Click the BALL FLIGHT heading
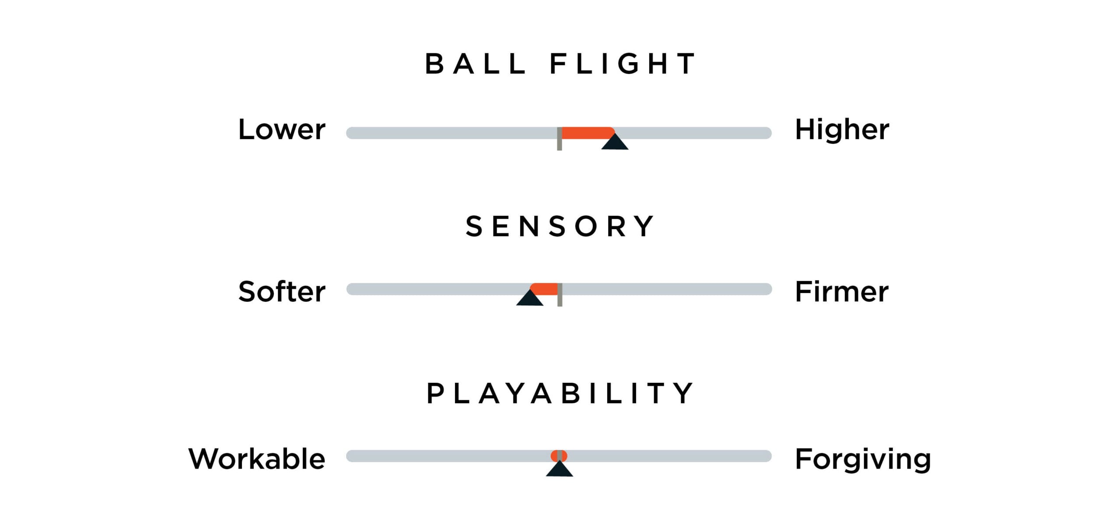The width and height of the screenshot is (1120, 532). click(x=560, y=64)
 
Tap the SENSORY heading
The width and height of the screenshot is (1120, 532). click(x=560, y=227)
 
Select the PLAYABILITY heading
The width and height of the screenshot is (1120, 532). click(x=560, y=393)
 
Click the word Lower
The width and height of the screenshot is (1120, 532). click(x=282, y=130)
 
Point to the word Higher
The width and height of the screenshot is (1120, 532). click(x=842, y=130)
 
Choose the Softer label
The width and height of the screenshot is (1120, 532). click(x=282, y=292)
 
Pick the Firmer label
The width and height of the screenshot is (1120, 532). click(x=841, y=292)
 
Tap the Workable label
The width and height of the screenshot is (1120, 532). click(x=257, y=459)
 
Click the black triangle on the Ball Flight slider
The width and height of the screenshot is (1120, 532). click(x=615, y=143)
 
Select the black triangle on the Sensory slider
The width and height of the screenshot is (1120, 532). click(x=530, y=299)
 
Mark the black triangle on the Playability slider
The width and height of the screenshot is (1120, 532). click(x=560, y=469)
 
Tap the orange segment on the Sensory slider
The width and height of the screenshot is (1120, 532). click(x=545, y=289)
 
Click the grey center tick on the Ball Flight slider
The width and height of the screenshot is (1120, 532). click(x=559, y=139)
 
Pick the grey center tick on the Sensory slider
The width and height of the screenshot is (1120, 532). click(x=560, y=295)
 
